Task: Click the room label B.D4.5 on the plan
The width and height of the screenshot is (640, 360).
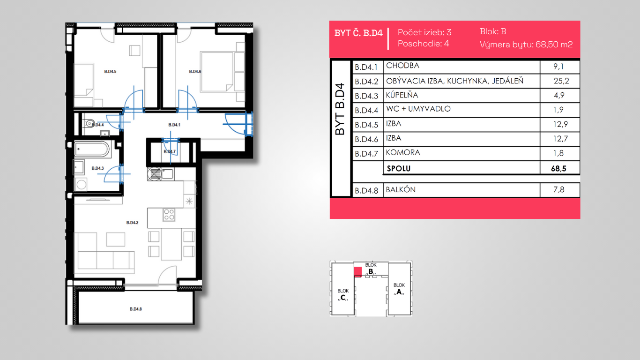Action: [x=110, y=72]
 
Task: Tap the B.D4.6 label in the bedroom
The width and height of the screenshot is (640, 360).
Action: [x=195, y=72]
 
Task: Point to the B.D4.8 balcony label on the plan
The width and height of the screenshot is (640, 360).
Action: [x=136, y=309]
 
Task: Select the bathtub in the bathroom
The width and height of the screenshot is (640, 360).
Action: [x=92, y=149]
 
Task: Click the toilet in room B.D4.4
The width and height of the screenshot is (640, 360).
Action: [x=89, y=124]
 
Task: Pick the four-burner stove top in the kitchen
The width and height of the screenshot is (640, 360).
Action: [x=169, y=215]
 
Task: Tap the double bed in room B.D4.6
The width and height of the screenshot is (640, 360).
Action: [x=216, y=72]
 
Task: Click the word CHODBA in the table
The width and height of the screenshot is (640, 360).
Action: [x=402, y=66]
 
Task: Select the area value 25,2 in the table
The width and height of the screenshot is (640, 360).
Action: [x=561, y=81]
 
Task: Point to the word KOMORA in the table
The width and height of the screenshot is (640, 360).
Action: [x=403, y=152]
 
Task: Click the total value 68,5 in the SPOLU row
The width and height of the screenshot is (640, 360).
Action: [x=558, y=169]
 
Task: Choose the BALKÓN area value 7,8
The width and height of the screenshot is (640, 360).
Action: [x=559, y=189]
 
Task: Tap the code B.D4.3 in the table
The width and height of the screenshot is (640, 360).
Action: [x=366, y=96]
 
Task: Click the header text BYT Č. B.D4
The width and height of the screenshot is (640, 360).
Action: [x=358, y=33]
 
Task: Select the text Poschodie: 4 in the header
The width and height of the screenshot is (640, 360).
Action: [x=424, y=44]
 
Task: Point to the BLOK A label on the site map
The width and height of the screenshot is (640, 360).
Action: [x=399, y=289]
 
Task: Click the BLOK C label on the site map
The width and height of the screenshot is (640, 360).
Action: [x=343, y=294]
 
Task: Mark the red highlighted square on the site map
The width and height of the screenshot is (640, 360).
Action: [x=357, y=272]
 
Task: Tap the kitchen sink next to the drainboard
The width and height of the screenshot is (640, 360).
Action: [x=167, y=173]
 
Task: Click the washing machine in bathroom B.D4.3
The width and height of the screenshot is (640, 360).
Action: [x=81, y=184]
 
